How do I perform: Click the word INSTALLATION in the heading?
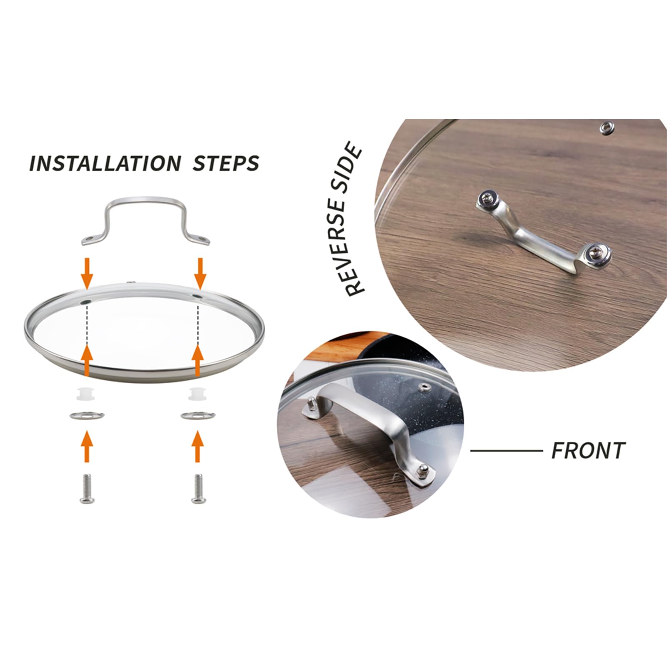click(105, 163)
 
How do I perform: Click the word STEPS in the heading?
click(226, 163)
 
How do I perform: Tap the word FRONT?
click(588, 451)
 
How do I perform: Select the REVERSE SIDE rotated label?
click(347, 219)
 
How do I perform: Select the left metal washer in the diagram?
click(87, 416)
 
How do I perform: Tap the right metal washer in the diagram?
click(198, 416)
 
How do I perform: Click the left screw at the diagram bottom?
click(87, 488)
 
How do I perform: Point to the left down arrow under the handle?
click(87, 273)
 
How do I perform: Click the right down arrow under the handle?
click(200, 273)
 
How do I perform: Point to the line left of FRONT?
click(507, 451)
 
